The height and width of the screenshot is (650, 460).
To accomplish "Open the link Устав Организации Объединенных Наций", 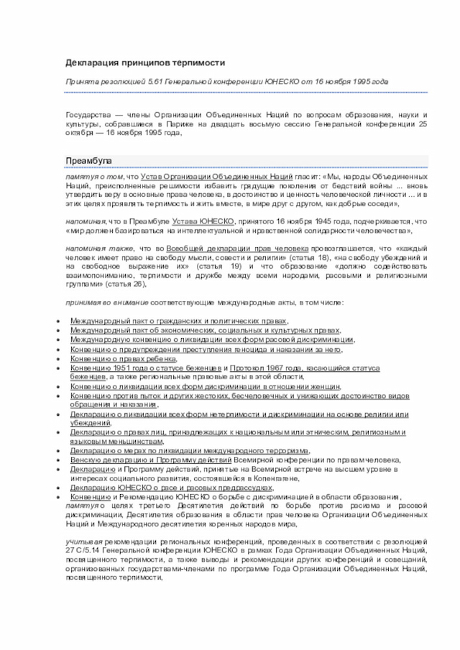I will [x=216, y=176].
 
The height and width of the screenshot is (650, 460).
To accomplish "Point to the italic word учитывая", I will [x=83, y=539].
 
